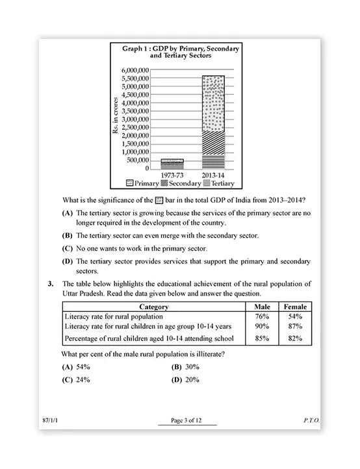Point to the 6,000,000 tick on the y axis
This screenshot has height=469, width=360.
(140, 70)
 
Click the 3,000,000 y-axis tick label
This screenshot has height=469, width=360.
(140, 120)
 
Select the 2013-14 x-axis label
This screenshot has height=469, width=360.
(213, 175)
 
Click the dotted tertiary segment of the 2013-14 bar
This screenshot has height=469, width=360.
(213, 104)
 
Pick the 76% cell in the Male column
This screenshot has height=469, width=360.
(262, 316)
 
